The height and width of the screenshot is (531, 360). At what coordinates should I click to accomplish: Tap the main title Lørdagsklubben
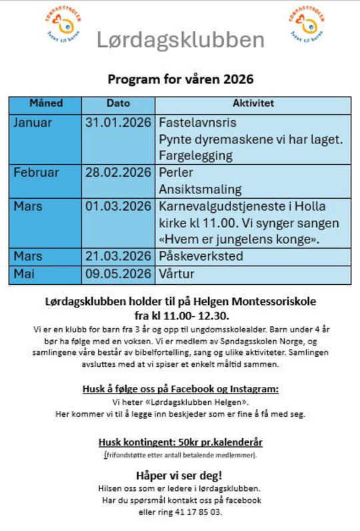[x=181, y=40]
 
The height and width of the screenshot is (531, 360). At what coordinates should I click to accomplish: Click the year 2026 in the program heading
[x=239, y=79]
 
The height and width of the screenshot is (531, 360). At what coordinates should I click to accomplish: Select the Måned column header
[x=45, y=104]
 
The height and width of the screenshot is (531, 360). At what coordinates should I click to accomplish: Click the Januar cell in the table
[x=33, y=123]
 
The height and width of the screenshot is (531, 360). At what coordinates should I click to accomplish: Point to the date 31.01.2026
[x=118, y=123]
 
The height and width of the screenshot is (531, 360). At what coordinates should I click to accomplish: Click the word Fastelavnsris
[x=197, y=123]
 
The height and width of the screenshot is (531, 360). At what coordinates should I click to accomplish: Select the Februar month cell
[x=36, y=173]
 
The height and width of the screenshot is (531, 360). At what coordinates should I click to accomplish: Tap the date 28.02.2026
[x=118, y=173]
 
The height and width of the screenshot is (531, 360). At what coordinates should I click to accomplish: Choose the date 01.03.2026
[x=118, y=206]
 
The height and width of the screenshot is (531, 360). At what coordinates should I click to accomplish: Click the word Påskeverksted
[x=201, y=256]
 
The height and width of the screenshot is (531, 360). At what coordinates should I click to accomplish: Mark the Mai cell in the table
[x=25, y=273]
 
